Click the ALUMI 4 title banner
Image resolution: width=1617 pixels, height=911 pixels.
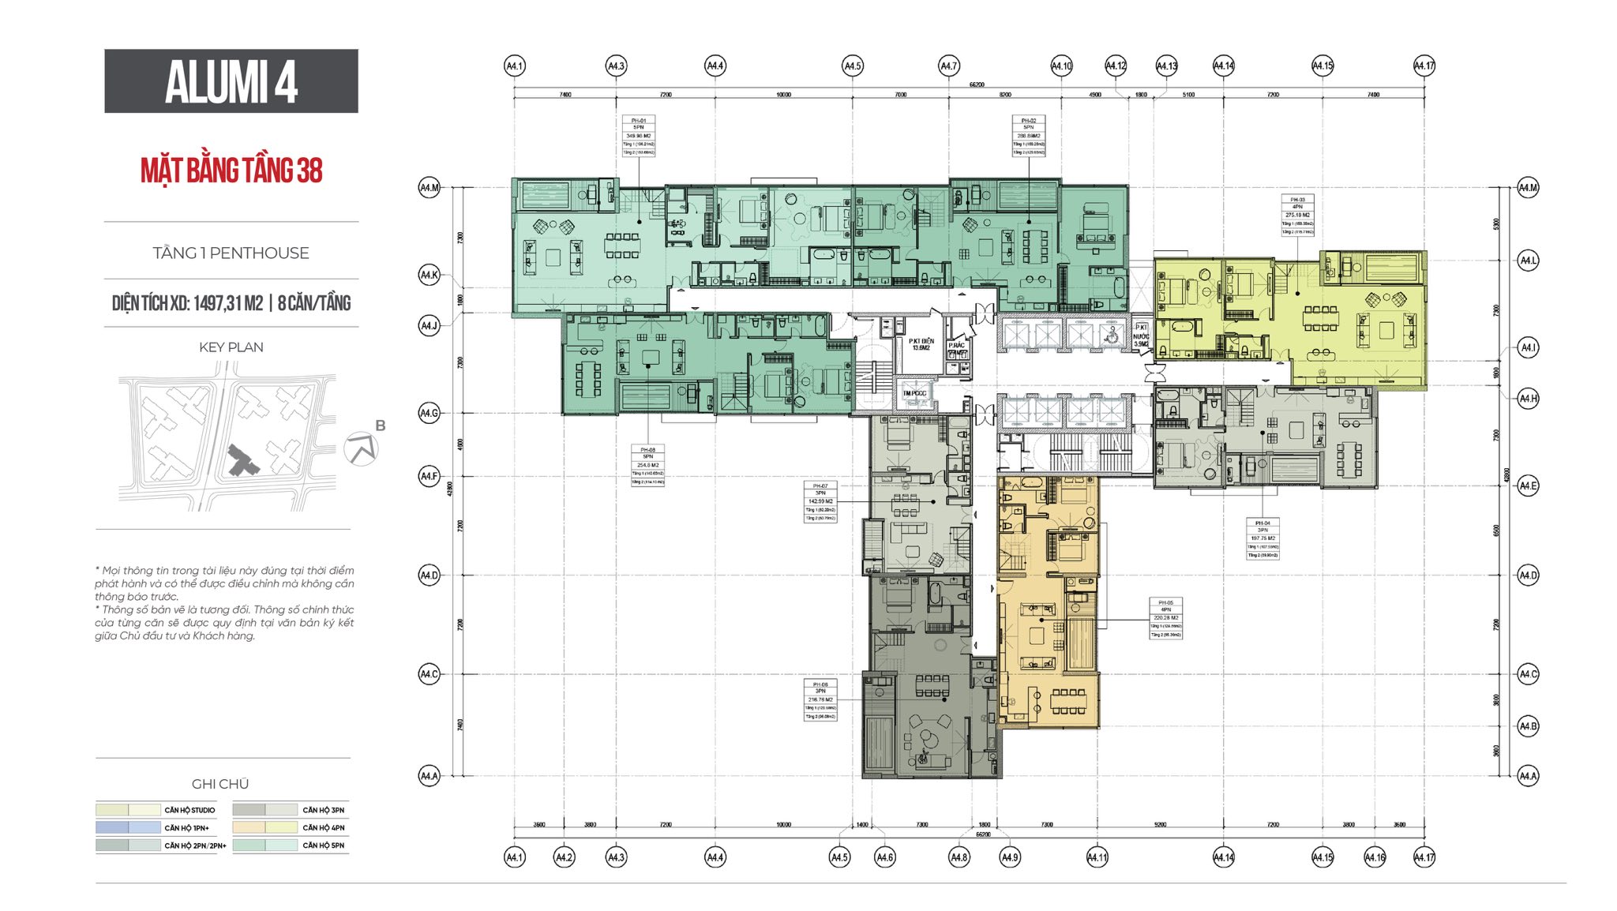click(x=231, y=81)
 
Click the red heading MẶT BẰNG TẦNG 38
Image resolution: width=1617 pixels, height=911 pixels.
click(x=231, y=170)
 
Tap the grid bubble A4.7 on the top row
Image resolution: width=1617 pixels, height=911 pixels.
click(x=948, y=66)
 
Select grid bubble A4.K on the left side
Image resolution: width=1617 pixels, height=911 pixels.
click(x=429, y=275)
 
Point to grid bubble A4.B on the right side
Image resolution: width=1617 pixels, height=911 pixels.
click(x=1528, y=725)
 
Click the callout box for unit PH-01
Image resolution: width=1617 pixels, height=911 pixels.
click(x=638, y=136)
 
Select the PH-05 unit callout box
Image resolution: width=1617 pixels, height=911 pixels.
click(x=1165, y=618)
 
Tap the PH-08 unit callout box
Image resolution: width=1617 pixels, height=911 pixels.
click(x=647, y=465)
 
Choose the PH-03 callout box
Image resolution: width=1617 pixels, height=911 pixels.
click(x=1297, y=215)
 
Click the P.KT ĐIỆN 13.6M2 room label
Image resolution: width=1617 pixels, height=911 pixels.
click(x=921, y=344)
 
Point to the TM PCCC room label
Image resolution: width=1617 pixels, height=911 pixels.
click(x=914, y=393)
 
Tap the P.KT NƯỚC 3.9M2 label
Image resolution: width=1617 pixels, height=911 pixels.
click(x=1141, y=336)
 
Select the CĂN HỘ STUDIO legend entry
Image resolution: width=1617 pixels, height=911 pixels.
click(x=189, y=810)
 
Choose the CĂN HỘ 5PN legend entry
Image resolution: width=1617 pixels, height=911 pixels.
click(x=323, y=845)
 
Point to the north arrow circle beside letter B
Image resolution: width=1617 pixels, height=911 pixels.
click(x=361, y=449)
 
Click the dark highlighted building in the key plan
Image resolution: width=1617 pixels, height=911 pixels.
click(x=241, y=460)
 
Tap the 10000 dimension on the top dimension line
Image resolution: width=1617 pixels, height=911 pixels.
click(x=783, y=95)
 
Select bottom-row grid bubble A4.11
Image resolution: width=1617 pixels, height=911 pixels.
click(x=1097, y=857)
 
